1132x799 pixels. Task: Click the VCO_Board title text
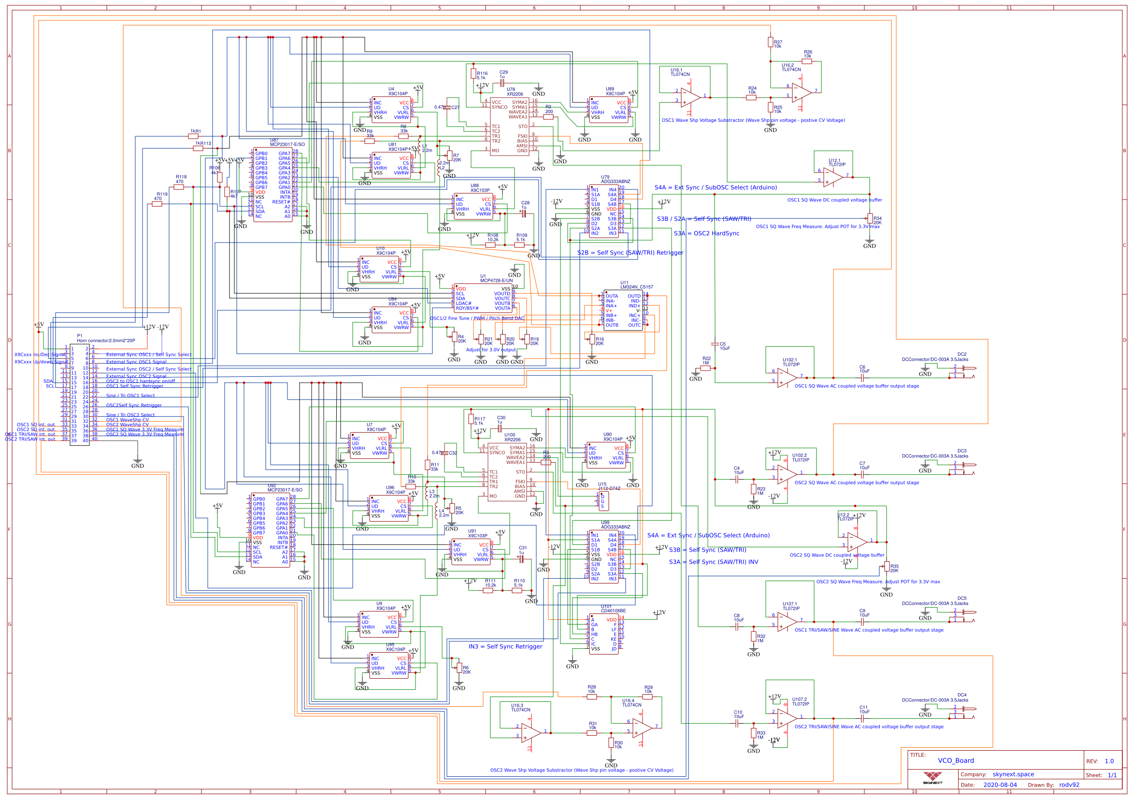(x=956, y=760)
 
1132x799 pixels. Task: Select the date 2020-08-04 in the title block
(x=1000, y=785)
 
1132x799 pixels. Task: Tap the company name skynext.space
(x=1013, y=774)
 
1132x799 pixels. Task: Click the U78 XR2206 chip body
(x=509, y=127)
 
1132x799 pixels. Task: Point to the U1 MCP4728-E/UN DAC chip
(x=483, y=298)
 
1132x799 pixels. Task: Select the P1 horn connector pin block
(x=79, y=394)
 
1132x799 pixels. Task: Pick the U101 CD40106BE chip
(x=603, y=634)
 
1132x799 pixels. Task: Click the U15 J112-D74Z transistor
(x=603, y=501)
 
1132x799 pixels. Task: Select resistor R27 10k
(x=770, y=43)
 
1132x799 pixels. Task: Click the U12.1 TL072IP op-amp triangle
(x=833, y=177)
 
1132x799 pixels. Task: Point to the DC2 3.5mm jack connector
(x=962, y=372)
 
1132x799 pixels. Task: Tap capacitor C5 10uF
(x=715, y=344)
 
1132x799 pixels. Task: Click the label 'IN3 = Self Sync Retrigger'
(x=505, y=646)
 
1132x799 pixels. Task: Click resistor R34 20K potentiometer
(x=870, y=219)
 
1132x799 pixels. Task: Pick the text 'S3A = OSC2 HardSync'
(x=706, y=233)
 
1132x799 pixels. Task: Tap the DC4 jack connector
(x=962, y=713)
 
